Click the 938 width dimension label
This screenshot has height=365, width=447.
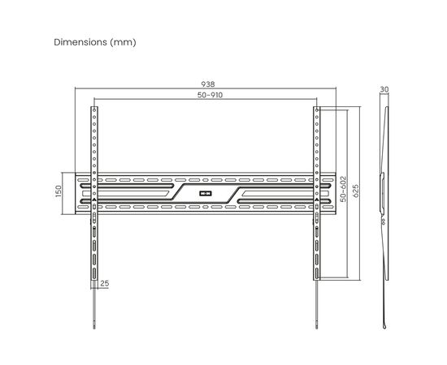(208, 84)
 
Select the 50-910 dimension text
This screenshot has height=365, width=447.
(210, 95)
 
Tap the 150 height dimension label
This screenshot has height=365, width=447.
(59, 191)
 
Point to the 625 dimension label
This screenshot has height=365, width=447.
(355, 191)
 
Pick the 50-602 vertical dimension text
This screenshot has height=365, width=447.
(344, 189)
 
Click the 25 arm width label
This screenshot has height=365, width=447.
(105, 283)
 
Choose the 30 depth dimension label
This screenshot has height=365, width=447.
(384, 89)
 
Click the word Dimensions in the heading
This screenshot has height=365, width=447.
(80, 42)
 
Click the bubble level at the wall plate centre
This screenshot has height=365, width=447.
(206, 194)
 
